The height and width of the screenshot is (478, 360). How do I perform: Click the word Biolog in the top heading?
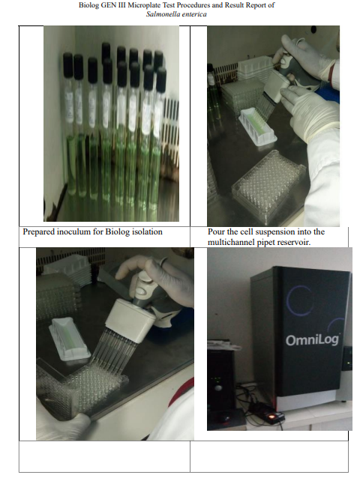click(89, 5)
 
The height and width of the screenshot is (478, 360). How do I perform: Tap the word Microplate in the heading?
click(144, 5)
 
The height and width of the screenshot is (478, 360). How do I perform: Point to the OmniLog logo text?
click(312, 340)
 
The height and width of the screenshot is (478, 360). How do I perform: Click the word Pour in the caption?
click(215, 232)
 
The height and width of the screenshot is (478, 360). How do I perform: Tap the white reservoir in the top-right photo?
click(259, 127)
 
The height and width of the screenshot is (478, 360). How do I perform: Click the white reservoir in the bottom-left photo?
click(70, 339)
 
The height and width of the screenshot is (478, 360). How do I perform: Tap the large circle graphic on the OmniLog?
click(299, 300)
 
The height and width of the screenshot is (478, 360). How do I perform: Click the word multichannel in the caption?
click(229, 242)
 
